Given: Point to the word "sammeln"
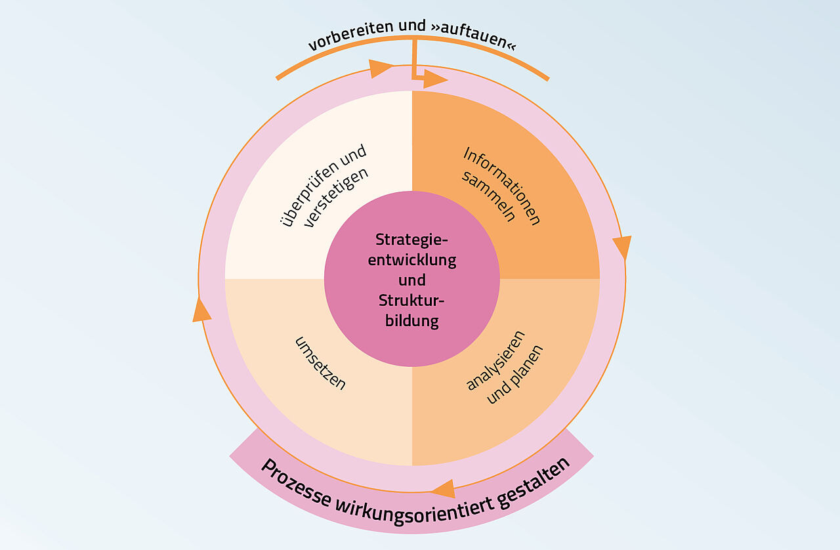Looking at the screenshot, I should pos(489,197).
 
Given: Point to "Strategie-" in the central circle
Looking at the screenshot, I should pos(412,239).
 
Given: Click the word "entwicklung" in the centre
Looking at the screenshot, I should pos(412,259).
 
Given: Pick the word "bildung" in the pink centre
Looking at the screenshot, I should pos(412,321).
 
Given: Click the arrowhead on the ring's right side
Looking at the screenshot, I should pos(621,247).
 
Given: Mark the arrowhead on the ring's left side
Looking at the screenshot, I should pos(201,310).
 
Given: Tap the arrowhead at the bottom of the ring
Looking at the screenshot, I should pos(444,488).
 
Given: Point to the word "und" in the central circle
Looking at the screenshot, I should pos(412,280).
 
